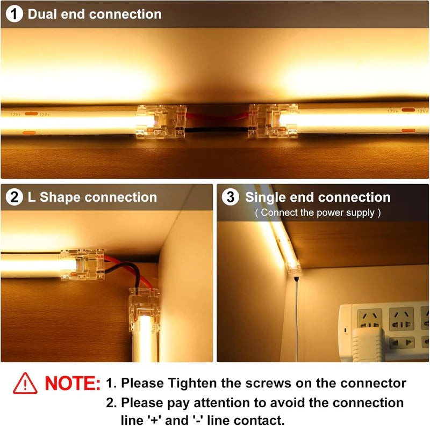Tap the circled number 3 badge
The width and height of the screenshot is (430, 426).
pos(231,197)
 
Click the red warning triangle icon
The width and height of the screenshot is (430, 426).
pos(25,383)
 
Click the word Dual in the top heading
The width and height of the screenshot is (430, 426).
pos(42,14)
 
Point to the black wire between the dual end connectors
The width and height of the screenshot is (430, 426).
pos(217,130)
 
